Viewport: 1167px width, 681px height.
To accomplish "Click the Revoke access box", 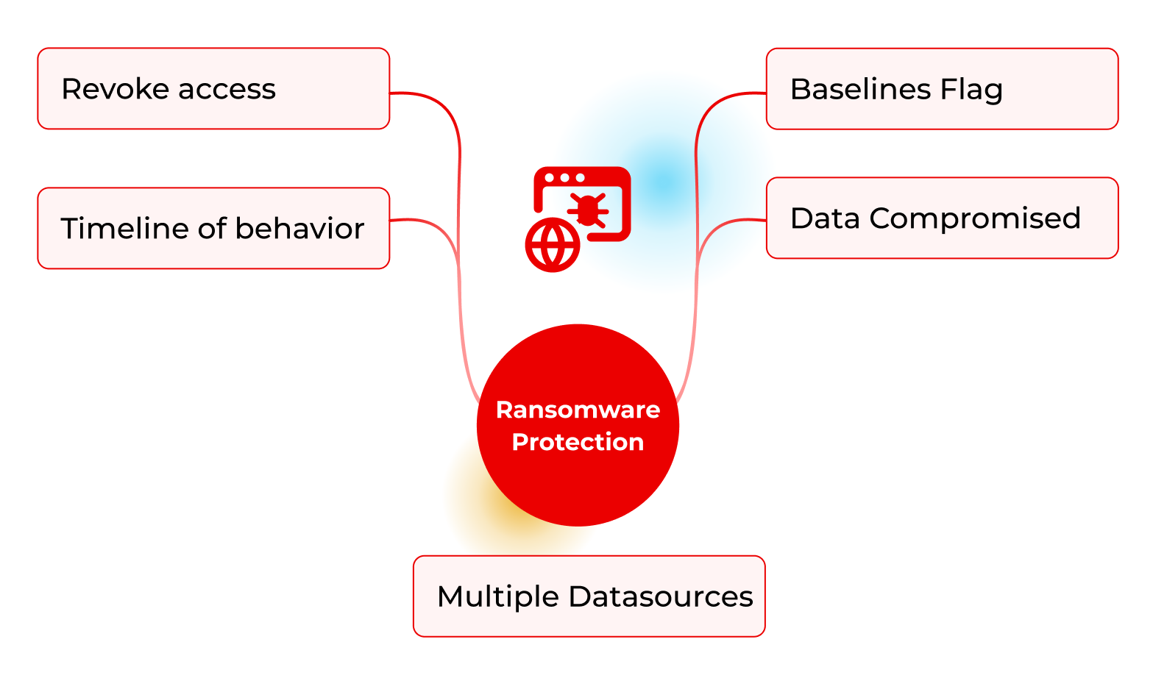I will click(x=213, y=89).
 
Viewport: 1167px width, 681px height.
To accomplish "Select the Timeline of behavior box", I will click(x=213, y=228).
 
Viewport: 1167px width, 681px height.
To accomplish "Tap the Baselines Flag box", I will click(x=942, y=89).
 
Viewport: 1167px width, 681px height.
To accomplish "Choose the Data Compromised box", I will click(x=942, y=218).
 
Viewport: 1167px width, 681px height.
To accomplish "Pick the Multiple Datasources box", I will click(x=589, y=596).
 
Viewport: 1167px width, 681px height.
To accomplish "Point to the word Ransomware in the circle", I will click(x=578, y=410).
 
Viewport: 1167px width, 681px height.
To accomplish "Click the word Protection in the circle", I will click(x=578, y=442).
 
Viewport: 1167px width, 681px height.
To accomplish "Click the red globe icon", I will click(x=553, y=245).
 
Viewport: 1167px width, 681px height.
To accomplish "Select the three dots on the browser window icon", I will click(x=564, y=178).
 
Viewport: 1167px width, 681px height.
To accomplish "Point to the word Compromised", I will click(x=975, y=218).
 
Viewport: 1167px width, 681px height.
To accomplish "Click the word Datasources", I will click(x=661, y=596).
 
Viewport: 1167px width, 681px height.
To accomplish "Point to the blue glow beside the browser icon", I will click(x=666, y=180).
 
